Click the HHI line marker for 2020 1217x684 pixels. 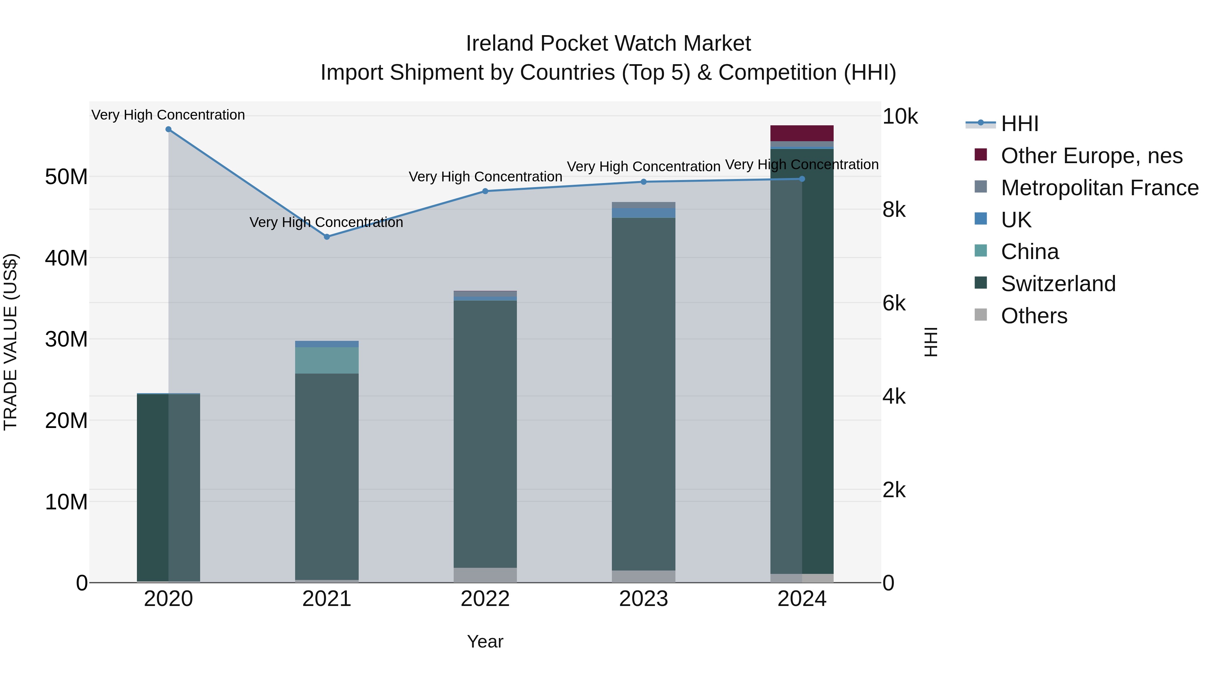168,129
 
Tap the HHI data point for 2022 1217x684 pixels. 485,191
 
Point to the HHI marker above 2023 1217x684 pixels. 643,182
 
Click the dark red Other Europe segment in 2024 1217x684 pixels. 802,133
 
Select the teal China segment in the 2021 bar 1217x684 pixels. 327,360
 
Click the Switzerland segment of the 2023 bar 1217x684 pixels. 643,394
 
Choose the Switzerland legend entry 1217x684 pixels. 1058,284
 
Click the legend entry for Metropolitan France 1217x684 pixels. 1099,188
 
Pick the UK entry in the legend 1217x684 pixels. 1016,220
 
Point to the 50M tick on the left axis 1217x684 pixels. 66,177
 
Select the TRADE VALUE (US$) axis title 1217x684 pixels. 10,342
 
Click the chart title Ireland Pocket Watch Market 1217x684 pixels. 608,44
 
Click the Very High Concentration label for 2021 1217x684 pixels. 327,222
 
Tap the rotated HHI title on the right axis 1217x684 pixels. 930,342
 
